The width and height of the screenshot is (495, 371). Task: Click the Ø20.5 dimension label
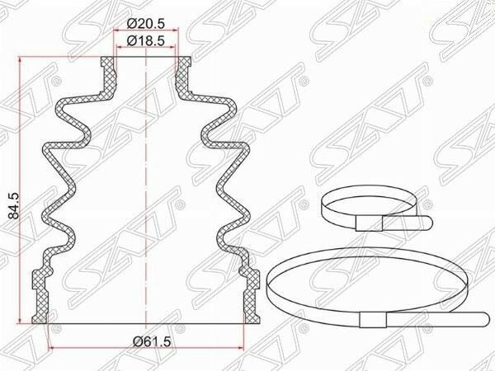(x=146, y=23)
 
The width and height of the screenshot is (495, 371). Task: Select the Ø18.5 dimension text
(x=146, y=41)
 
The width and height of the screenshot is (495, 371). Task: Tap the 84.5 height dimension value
(x=14, y=206)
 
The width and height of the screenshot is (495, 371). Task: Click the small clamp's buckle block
(x=369, y=223)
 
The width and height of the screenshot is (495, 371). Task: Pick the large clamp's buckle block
(x=373, y=320)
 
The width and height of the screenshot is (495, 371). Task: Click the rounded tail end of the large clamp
(x=484, y=320)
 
